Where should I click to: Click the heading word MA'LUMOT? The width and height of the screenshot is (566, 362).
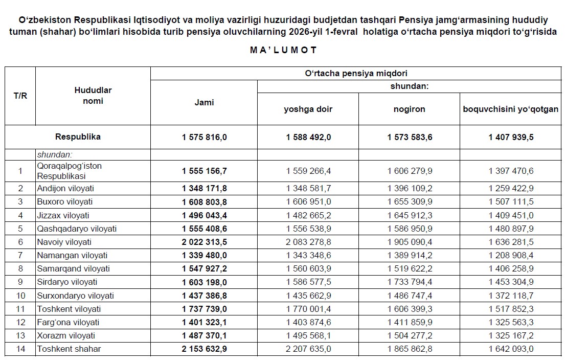pyautogui.click(x=284, y=50)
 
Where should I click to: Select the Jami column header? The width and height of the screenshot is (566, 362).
pyautogui.click(x=204, y=103)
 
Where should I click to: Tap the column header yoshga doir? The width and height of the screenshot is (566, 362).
pyautogui.click(x=308, y=109)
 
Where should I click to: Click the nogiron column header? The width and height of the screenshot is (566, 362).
pyautogui.click(x=409, y=109)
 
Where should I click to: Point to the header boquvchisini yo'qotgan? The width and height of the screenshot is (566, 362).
pyautogui.click(x=510, y=109)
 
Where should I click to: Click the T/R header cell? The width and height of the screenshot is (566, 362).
pyautogui.click(x=20, y=96)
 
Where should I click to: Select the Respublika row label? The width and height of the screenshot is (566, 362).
pyautogui.click(x=78, y=137)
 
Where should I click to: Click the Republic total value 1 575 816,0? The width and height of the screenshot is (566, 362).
pyautogui.click(x=204, y=137)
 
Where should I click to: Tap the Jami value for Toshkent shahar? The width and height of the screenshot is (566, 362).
pyautogui.click(x=204, y=349)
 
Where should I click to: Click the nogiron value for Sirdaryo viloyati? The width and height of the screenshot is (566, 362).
pyautogui.click(x=409, y=282)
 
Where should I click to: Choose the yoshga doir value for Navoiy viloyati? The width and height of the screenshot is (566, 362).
pyautogui.click(x=308, y=242)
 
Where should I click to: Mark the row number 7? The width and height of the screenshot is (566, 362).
pyautogui.click(x=20, y=255)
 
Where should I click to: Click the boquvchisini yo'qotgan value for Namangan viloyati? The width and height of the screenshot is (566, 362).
pyautogui.click(x=511, y=255)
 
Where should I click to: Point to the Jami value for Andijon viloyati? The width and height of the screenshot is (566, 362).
pyautogui.click(x=204, y=188)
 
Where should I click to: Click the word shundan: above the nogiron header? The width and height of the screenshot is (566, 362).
pyautogui.click(x=409, y=86)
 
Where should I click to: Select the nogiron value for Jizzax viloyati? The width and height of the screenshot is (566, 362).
pyautogui.click(x=409, y=215)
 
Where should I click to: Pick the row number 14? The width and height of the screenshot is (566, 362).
pyautogui.click(x=20, y=349)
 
